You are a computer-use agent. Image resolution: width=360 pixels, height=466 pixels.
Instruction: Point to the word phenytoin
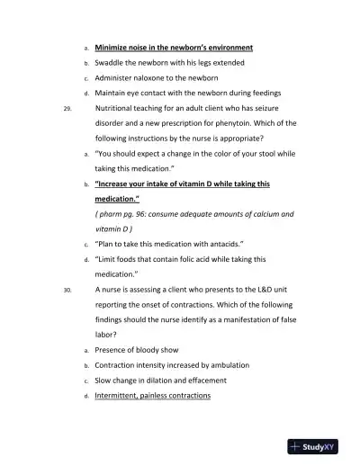coord(234,123)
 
